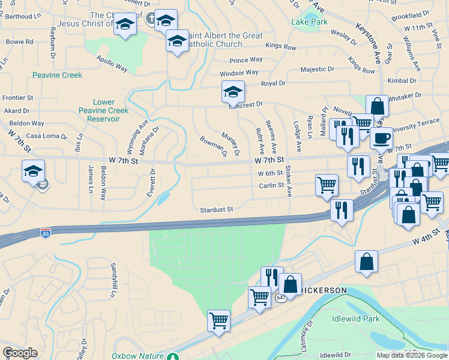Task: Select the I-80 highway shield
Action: pyautogui.click(x=45, y=232)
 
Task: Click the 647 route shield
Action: pyautogui.click(x=281, y=298)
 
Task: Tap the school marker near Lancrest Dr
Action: pyautogui.click(x=233, y=92)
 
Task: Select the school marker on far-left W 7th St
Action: pyautogui.click(x=33, y=171)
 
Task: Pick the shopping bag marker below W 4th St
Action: pyautogui.click(x=366, y=262)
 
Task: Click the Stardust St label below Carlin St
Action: pyautogui.click(x=216, y=209)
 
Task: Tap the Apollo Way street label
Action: pyautogui.click(x=112, y=64)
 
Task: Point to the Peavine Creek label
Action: pyautogui.click(x=40, y=75)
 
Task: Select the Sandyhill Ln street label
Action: pyautogui.click(x=112, y=280)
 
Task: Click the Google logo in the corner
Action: pyautogui.click(x=20, y=353)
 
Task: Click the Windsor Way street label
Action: pyautogui.click(x=238, y=73)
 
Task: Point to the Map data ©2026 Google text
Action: pyautogui.click(x=412, y=355)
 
